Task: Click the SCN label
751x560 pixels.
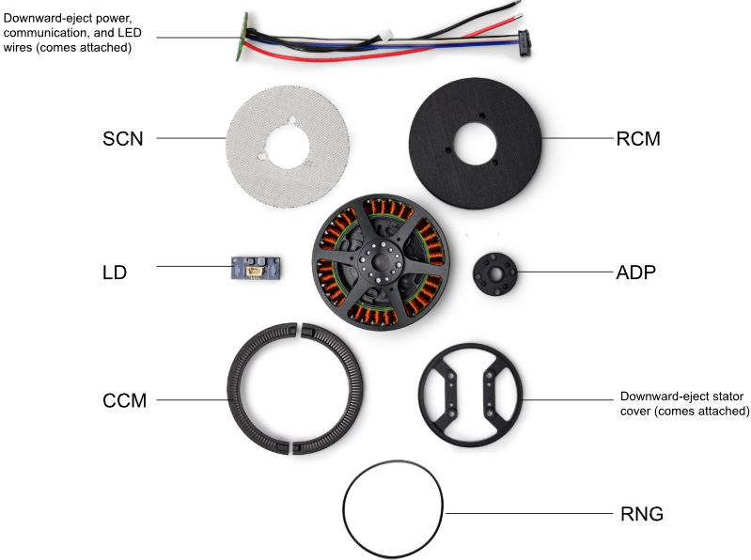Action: coord(123,139)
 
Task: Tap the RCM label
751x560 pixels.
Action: coord(638,139)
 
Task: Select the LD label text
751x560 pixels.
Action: coord(115,272)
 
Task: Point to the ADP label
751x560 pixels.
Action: coord(635,272)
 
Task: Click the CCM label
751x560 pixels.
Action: coord(124,400)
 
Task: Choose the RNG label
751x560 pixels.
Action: coord(642,514)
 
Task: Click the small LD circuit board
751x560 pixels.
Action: coord(256,268)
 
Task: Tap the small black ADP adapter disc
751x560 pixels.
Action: coord(495,274)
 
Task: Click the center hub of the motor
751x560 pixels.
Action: coord(381,261)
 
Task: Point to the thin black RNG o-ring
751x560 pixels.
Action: coord(343,509)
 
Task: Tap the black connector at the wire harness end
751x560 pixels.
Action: coord(524,43)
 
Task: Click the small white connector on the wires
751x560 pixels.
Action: coord(386,35)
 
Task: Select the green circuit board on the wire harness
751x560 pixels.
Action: coord(242,37)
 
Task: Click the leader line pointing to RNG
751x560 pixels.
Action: coord(529,514)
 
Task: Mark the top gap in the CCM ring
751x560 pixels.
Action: coord(298,329)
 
